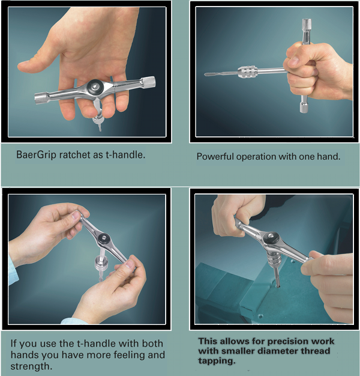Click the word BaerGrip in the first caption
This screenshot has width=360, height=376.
point(36,155)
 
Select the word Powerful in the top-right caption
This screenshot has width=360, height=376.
point(215,157)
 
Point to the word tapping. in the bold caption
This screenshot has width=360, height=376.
point(217,361)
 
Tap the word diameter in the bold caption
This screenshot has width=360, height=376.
point(275,351)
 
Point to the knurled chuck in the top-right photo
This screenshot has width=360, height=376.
point(247,71)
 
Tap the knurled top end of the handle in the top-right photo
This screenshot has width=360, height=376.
point(307,24)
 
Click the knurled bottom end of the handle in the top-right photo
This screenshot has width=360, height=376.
point(304,107)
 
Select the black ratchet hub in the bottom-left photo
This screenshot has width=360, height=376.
point(104,237)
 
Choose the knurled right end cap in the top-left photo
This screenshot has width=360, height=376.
point(149,82)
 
